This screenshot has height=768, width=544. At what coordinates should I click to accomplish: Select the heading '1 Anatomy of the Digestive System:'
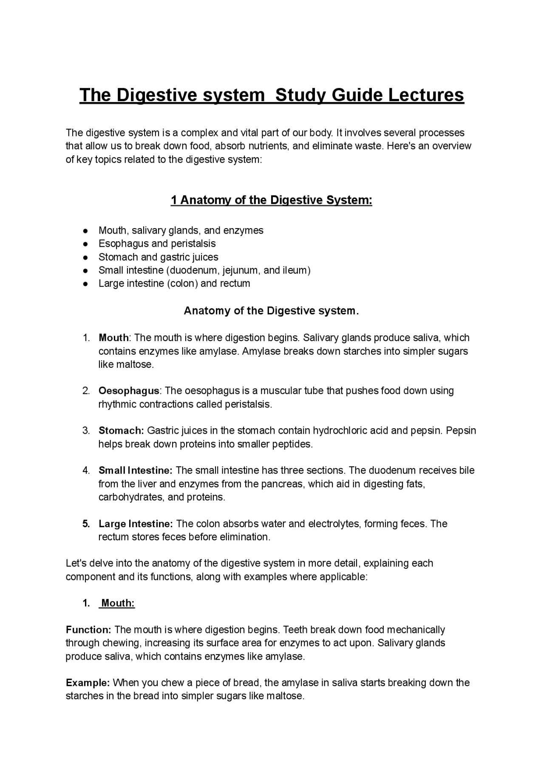(272, 200)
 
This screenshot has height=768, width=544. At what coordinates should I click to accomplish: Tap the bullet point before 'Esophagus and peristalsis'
(85, 244)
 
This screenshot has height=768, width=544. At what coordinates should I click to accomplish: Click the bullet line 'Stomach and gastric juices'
(158, 257)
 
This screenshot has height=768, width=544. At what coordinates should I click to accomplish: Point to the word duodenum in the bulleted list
(193, 270)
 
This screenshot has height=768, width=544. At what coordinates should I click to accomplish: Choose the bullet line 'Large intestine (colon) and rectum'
(174, 283)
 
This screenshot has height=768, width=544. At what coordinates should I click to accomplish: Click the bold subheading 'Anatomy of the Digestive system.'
(272, 311)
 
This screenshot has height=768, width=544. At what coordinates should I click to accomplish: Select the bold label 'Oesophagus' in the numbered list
(129, 391)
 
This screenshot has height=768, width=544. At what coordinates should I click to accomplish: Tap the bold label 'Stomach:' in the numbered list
(121, 431)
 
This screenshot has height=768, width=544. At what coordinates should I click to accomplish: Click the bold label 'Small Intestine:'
(135, 471)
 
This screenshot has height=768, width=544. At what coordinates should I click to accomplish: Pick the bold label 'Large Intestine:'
(135, 524)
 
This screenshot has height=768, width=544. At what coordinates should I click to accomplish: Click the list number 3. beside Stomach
(86, 431)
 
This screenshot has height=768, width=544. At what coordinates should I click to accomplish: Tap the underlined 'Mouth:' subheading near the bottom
(118, 603)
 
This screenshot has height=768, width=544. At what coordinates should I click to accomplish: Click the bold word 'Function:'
(88, 630)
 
